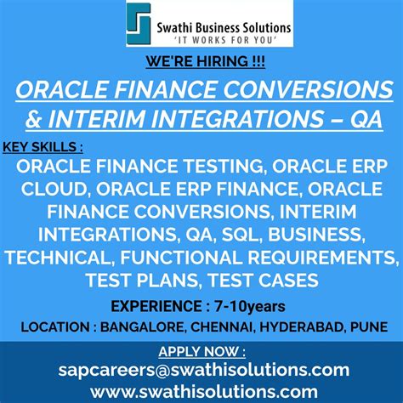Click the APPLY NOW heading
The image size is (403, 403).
(201, 350)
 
